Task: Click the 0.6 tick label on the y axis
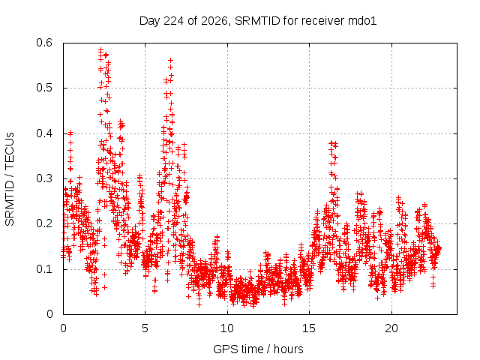[x=44, y=43]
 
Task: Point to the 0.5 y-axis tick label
[x=44, y=88]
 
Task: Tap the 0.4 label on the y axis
[x=44, y=133]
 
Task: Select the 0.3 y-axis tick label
[x=44, y=178]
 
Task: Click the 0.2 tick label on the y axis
[x=44, y=223]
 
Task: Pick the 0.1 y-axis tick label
[x=44, y=269]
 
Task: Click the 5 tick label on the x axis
[x=145, y=328]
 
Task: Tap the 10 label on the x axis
[x=227, y=328]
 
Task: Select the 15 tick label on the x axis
[x=309, y=328]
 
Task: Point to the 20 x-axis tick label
[x=391, y=328]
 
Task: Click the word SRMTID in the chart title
[x=257, y=21]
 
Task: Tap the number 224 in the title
[x=174, y=21]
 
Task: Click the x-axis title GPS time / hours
[x=258, y=349]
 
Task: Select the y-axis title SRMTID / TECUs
[x=10, y=179]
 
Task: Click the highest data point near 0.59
[x=101, y=49]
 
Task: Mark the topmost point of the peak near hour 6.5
[x=170, y=60]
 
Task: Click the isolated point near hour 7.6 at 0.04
[x=188, y=297]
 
